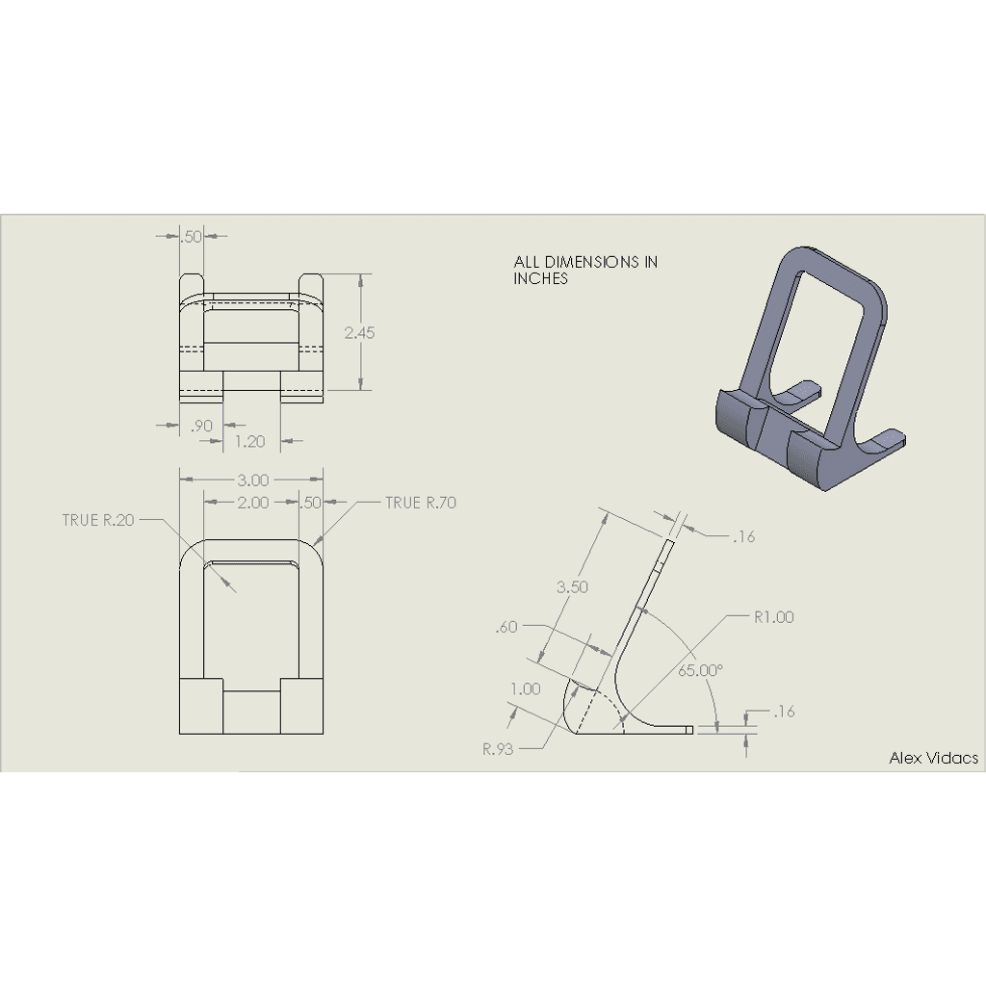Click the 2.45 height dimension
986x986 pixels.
pos(359,332)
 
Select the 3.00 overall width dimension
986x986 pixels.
pos(253,480)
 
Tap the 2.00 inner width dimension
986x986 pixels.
pos(253,503)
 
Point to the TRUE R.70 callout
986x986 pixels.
pos(421,503)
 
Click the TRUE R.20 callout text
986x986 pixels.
pos(98,520)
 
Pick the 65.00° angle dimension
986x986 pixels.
pos(701,670)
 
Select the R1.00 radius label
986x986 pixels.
pos(774,617)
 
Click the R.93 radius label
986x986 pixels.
pos(498,749)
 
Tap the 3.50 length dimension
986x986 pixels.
pos(572,586)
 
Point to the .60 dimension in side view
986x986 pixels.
pos(506,627)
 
